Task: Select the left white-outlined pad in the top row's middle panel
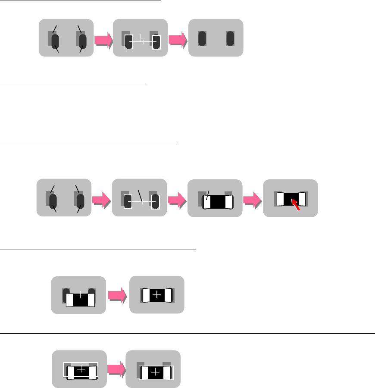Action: point(128,42)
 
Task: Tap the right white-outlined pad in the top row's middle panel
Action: point(156,42)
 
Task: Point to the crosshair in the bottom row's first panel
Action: point(81,370)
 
